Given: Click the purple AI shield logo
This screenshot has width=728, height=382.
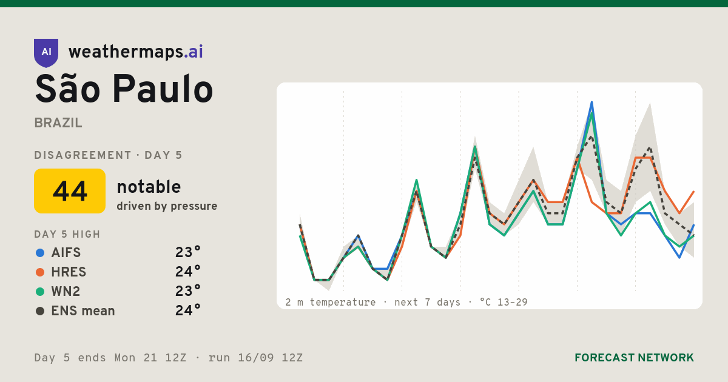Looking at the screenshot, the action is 46,53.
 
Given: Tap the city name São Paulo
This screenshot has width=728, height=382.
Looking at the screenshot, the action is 124,89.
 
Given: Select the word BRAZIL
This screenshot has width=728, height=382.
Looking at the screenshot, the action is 58,123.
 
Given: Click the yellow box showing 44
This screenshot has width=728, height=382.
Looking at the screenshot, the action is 70,191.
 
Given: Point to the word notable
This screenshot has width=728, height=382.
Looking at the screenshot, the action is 149,187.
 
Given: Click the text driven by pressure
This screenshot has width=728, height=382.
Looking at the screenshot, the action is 167,206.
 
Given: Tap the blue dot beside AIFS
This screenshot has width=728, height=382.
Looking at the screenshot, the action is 40,253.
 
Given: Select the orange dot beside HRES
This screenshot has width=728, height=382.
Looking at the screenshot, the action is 40,272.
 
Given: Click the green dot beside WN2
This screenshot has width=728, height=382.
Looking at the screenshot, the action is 40,292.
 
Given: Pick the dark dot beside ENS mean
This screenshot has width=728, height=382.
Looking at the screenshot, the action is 40,311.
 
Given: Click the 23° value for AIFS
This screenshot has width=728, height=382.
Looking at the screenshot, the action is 188,252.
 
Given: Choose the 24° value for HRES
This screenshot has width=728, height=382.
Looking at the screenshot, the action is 188,272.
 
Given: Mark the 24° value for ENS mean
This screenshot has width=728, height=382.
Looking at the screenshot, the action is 188,311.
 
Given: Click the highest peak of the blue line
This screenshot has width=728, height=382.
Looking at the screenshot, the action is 592,102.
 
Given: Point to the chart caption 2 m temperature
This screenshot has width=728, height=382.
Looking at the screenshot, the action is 330,303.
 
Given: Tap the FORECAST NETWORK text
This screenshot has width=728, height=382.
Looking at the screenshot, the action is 634,358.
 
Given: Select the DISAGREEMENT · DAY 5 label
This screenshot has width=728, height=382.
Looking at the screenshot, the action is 108,155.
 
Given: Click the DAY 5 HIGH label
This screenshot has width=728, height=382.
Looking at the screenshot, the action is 67,234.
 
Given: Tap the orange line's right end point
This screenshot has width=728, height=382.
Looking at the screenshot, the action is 694,192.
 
